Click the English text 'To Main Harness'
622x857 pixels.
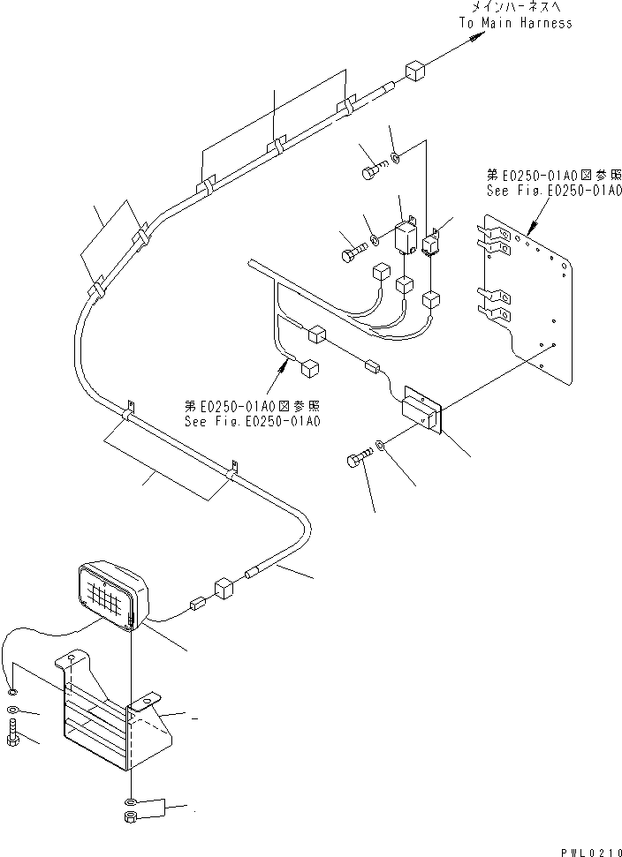[x=515, y=22]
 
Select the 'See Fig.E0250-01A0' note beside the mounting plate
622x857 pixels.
[x=555, y=183]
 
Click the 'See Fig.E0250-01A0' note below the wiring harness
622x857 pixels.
[x=252, y=414]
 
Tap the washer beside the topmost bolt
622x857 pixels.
[x=395, y=159]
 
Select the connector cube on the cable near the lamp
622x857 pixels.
[x=222, y=589]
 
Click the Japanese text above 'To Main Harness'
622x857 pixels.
[x=515, y=7]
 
